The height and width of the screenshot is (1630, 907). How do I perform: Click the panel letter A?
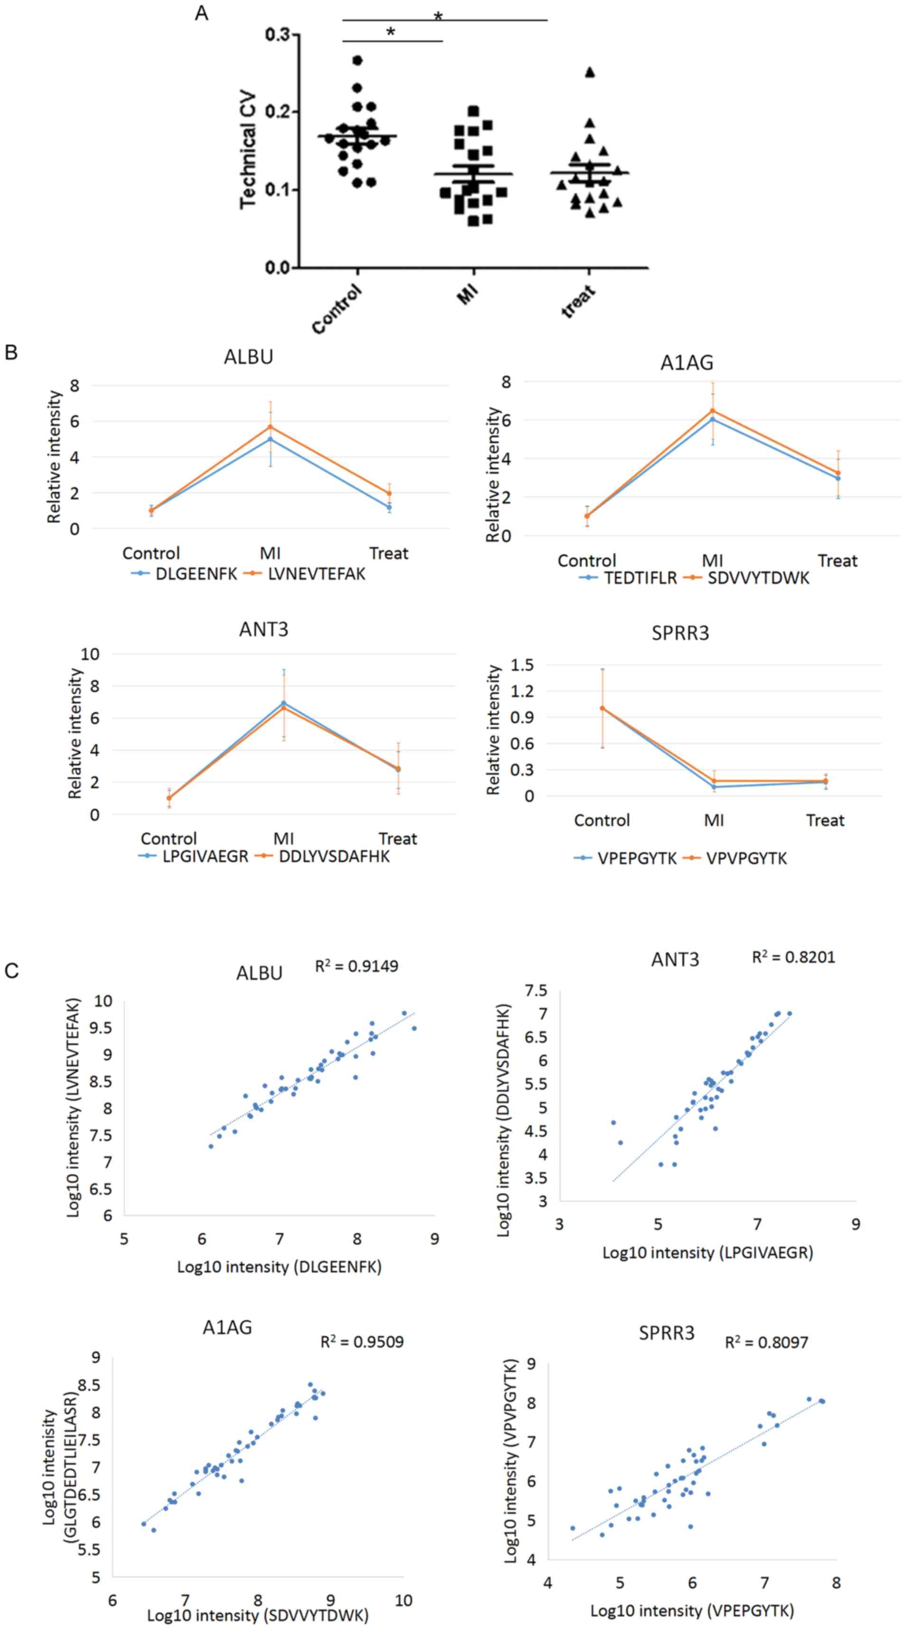click(202, 13)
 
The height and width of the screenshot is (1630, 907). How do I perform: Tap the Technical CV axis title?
click(248, 151)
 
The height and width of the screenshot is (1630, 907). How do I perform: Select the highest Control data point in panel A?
click(357, 61)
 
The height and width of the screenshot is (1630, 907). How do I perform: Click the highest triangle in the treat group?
click(590, 72)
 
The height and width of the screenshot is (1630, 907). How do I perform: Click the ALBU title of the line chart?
click(248, 357)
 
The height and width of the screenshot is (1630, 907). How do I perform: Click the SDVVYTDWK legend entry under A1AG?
click(758, 578)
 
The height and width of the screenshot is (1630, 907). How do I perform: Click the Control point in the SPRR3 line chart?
click(602, 708)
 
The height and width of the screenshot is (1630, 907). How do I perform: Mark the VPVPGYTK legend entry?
click(746, 859)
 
